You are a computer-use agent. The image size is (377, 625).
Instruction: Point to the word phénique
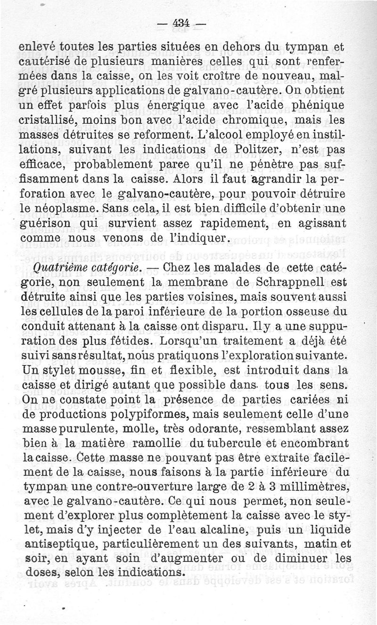coord(332,104)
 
